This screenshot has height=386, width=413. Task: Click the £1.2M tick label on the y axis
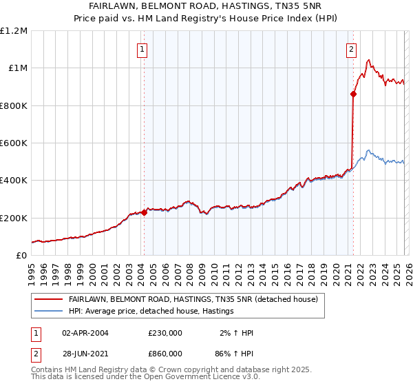click(x=14, y=30)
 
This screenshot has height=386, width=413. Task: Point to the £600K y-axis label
click(x=14, y=143)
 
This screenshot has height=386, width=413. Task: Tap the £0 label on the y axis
click(x=22, y=255)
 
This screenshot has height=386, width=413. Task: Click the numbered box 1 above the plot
click(x=142, y=49)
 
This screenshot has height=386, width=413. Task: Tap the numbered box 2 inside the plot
click(x=351, y=49)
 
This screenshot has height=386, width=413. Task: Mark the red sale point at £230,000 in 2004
click(x=144, y=212)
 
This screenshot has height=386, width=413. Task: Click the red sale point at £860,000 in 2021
click(x=353, y=94)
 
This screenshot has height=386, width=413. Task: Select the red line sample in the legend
click(x=47, y=300)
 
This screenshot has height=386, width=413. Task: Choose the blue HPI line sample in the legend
click(x=47, y=312)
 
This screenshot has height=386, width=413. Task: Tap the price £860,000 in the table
click(x=165, y=353)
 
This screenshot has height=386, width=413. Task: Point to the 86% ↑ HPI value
click(x=232, y=353)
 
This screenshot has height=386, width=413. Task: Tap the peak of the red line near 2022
click(x=368, y=59)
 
